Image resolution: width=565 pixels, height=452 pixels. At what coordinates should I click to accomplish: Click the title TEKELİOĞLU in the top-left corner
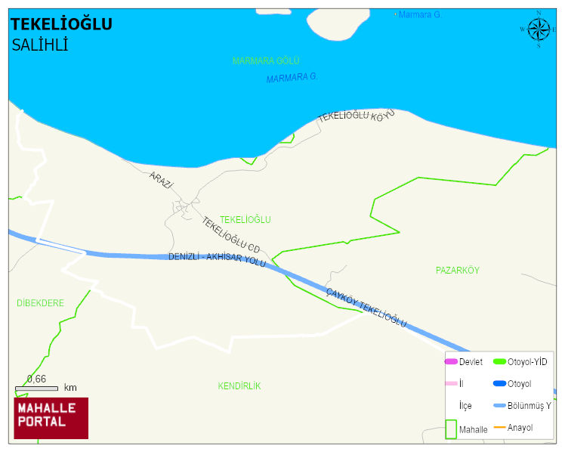click(x=61, y=25)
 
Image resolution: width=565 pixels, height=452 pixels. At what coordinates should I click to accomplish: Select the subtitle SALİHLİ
click(x=40, y=45)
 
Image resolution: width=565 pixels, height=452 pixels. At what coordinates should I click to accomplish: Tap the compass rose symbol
click(x=538, y=29)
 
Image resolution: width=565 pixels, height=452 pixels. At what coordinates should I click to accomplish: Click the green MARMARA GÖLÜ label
click(x=266, y=60)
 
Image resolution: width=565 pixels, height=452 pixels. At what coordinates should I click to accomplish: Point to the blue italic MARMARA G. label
click(x=292, y=77)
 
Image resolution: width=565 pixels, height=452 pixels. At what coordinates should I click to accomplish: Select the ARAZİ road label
click(x=161, y=180)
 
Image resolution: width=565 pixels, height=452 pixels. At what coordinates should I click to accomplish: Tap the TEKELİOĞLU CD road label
click(x=230, y=234)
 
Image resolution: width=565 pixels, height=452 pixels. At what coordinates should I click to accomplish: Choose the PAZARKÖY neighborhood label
click(x=457, y=270)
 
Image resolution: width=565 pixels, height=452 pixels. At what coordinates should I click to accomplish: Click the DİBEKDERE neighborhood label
click(x=40, y=303)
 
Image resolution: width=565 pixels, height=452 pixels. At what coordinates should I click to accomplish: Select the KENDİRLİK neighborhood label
click(x=239, y=386)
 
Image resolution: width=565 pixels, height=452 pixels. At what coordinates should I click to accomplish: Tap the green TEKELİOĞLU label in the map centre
click(x=245, y=220)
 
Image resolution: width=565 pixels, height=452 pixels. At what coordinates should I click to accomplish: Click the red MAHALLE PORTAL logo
click(x=51, y=418)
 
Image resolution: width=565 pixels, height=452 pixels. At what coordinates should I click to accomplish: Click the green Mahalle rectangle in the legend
click(x=451, y=429)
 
